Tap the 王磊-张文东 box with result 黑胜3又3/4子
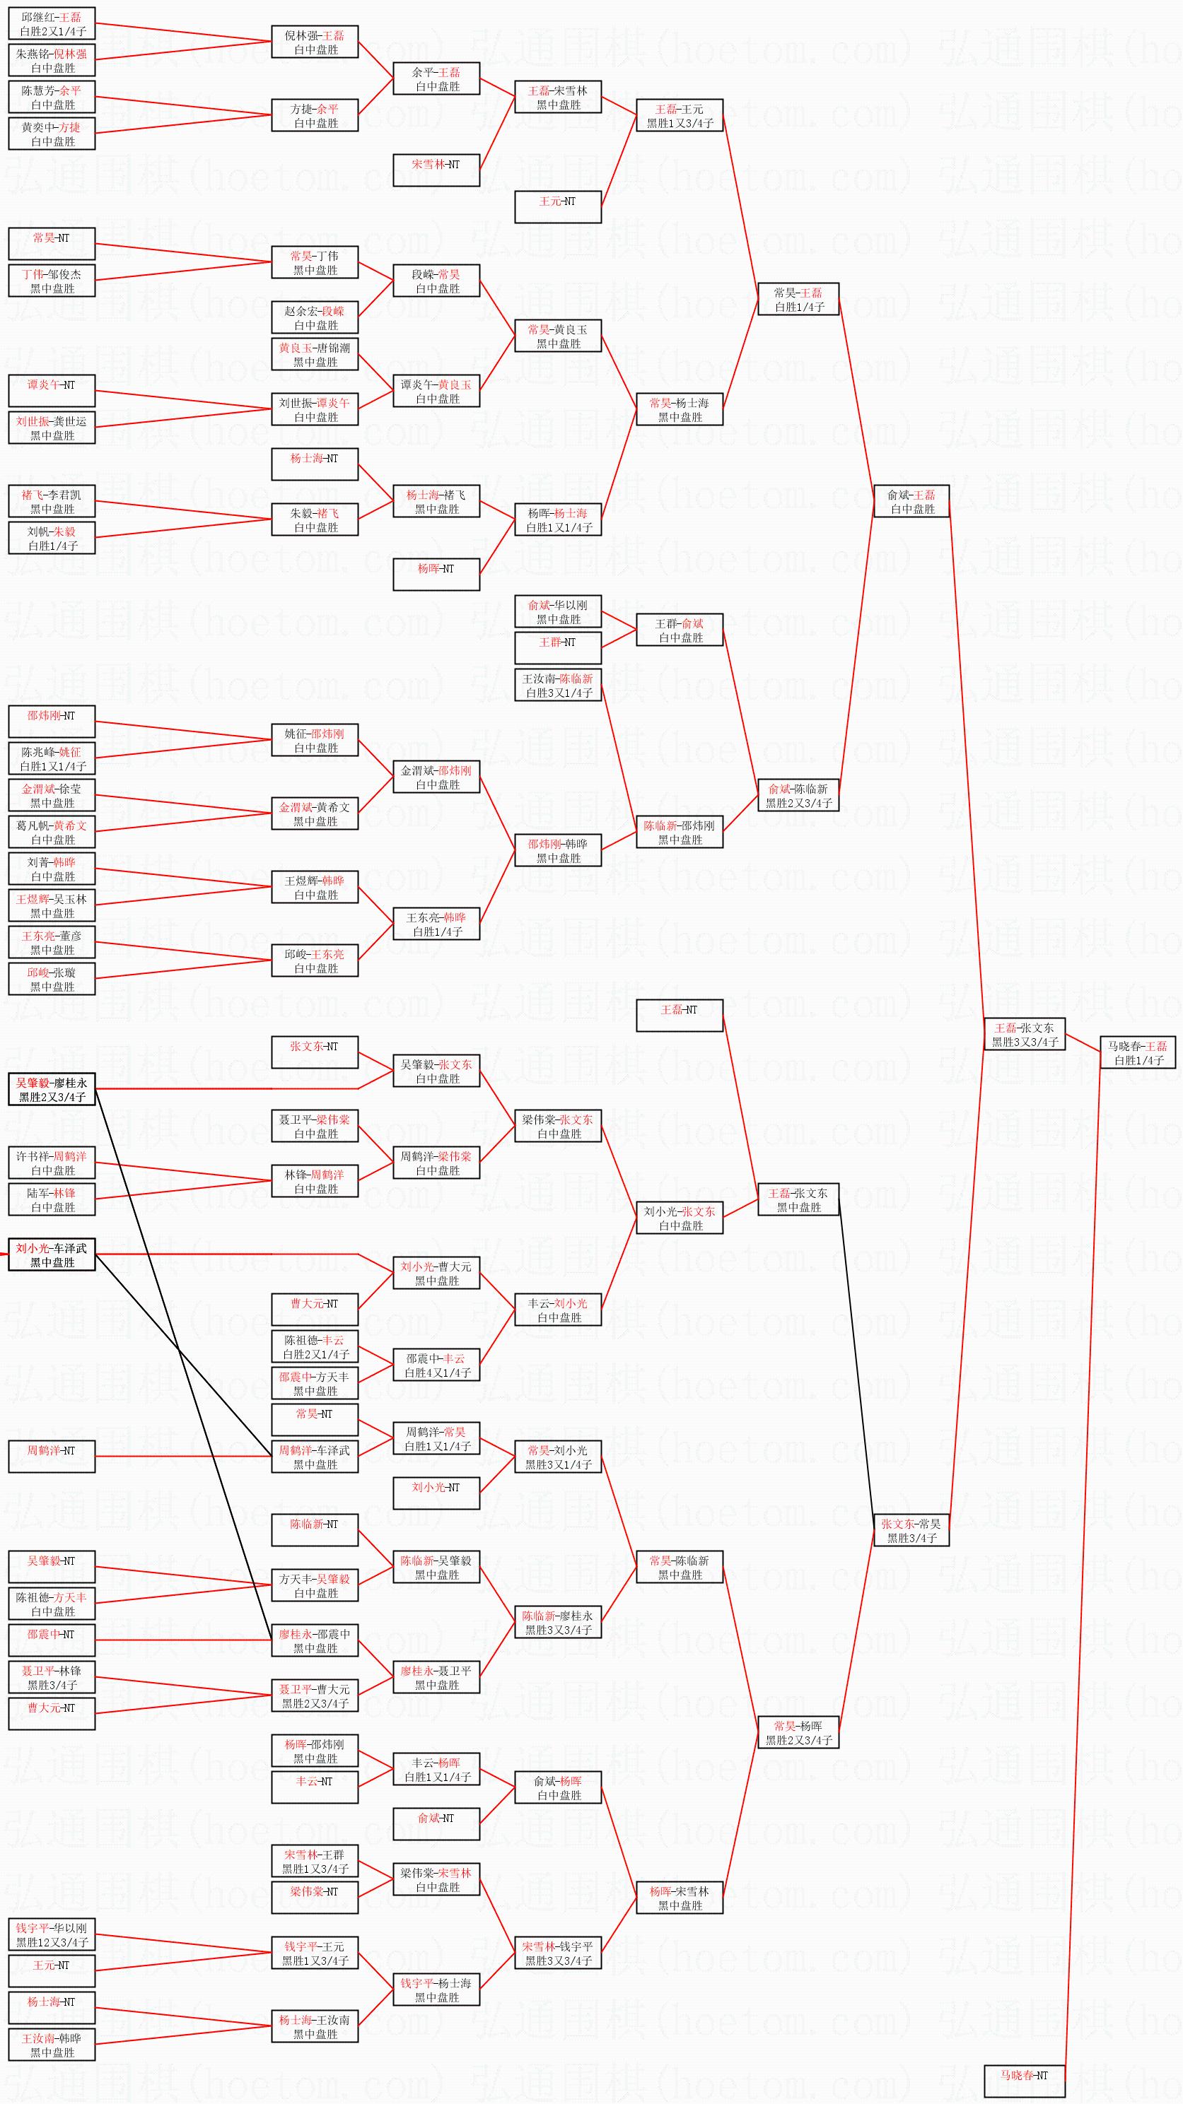tap(1025, 1034)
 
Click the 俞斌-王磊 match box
tap(911, 502)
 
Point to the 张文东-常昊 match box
tap(911, 1531)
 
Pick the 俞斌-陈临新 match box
tap(798, 796)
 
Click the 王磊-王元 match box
tap(680, 115)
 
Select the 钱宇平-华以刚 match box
tap(52, 1935)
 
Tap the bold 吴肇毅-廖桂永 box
tap(52, 1090)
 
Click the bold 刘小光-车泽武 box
tap(52, 1254)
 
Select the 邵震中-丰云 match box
tap(436, 1365)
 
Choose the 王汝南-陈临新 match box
tap(558, 686)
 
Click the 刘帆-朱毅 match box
tap(52, 539)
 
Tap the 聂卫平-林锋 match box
tap(52, 1678)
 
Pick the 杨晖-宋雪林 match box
tap(680, 1898)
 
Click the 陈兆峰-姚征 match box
tap(52, 759)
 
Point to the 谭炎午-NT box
tap(52, 390)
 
